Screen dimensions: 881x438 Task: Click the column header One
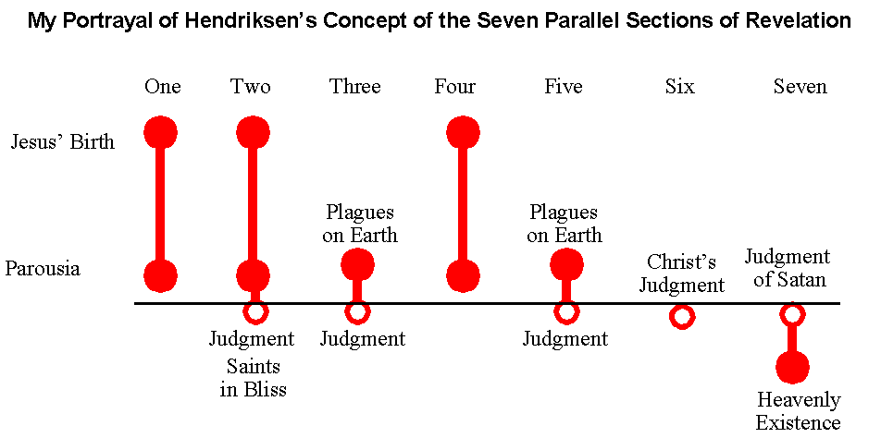(x=162, y=86)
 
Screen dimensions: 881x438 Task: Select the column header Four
(x=454, y=86)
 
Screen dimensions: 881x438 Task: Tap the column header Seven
(x=800, y=86)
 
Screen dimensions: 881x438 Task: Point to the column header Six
(x=680, y=86)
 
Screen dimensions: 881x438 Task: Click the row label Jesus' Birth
(x=63, y=141)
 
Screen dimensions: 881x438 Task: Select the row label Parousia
(x=43, y=269)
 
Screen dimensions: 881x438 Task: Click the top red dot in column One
(x=161, y=132)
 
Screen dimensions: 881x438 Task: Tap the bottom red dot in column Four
(x=463, y=276)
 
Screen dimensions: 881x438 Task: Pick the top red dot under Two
(x=254, y=132)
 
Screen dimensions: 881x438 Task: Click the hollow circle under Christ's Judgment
(x=681, y=316)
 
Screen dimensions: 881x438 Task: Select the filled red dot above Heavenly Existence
(x=792, y=368)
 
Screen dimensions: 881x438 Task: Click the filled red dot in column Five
(x=566, y=263)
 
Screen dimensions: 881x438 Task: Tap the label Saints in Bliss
(x=253, y=378)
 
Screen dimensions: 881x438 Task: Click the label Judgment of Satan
(x=788, y=268)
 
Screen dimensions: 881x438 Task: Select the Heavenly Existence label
(x=799, y=411)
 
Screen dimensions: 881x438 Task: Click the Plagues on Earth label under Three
(x=360, y=224)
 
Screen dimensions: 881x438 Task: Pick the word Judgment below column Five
(x=565, y=339)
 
